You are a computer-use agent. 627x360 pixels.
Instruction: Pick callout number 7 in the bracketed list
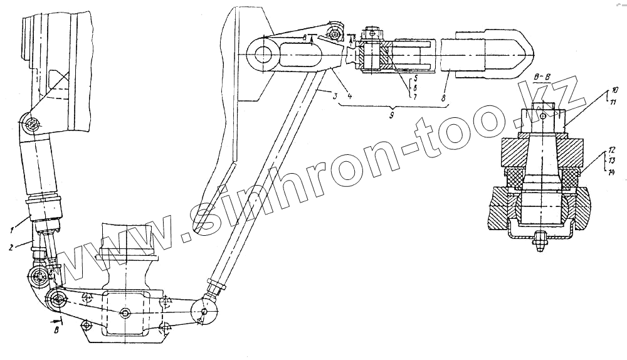(414, 97)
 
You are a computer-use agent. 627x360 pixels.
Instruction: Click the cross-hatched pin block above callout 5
(379, 57)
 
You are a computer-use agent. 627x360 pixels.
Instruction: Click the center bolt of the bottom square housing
(126, 312)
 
